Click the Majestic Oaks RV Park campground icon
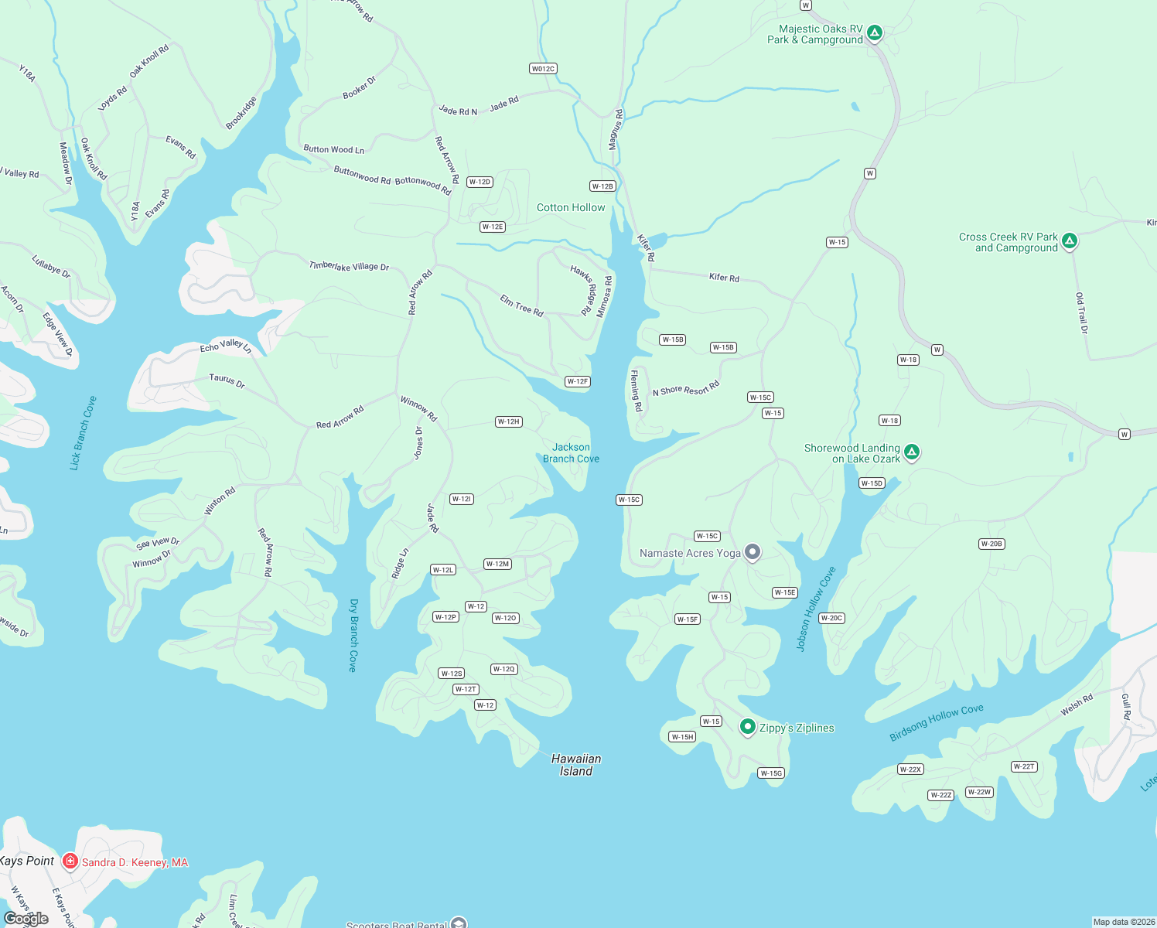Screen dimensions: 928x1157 pyautogui.click(x=875, y=32)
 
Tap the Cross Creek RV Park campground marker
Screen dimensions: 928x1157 pyautogui.click(x=1070, y=241)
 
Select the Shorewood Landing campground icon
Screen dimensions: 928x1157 pyautogui.click(x=912, y=452)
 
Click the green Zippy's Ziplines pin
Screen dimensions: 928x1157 pyautogui.click(x=747, y=727)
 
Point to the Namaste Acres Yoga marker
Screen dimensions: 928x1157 pyautogui.click(x=753, y=552)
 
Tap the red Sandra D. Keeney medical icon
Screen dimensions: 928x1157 pyautogui.click(x=70, y=861)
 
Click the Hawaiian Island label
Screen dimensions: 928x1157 pyautogui.click(x=576, y=765)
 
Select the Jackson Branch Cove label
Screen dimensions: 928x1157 pyautogui.click(x=571, y=453)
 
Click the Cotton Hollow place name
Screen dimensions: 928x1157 pyautogui.click(x=571, y=207)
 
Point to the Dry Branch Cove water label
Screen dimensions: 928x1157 pyautogui.click(x=353, y=635)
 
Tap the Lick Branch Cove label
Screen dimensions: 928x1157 pyautogui.click(x=83, y=433)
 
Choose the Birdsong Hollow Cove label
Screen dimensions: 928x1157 pyautogui.click(x=937, y=722)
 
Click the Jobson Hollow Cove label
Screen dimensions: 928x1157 pyautogui.click(x=816, y=609)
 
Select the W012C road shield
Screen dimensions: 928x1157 pyautogui.click(x=543, y=69)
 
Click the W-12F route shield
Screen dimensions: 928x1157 pyautogui.click(x=578, y=381)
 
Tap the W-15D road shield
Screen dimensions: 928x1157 pyautogui.click(x=872, y=483)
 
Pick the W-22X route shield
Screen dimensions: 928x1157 pyautogui.click(x=910, y=769)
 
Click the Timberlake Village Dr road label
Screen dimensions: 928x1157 pyautogui.click(x=349, y=266)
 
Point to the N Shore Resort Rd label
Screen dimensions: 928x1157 pyautogui.click(x=686, y=389)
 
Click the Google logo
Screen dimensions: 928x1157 pyautogui.click(x=26, y=919)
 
